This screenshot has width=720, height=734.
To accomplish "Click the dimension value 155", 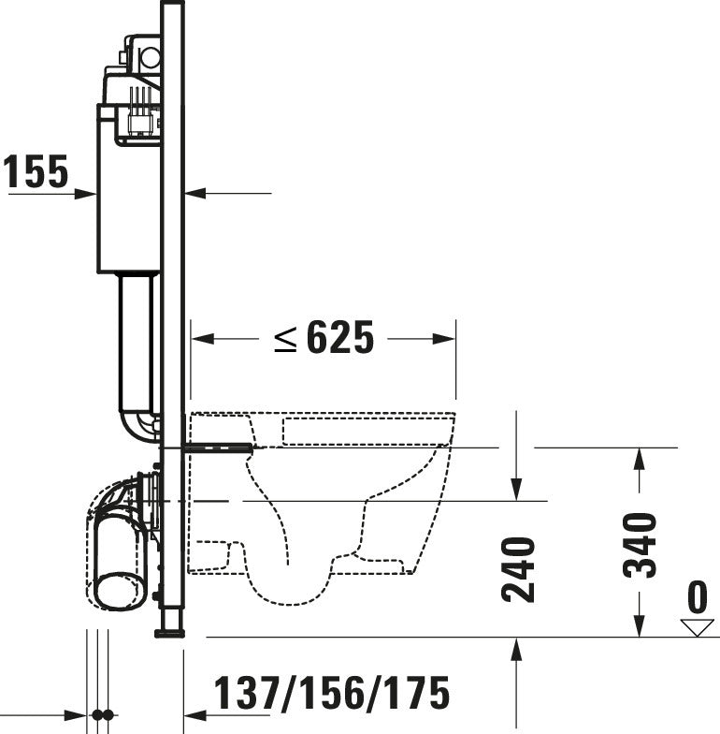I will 36,172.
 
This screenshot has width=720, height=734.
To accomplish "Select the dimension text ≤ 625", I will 324,338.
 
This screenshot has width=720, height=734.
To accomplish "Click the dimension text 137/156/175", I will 332,694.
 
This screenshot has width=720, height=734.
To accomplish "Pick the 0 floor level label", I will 697,596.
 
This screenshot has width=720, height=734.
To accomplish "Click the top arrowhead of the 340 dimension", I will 640,458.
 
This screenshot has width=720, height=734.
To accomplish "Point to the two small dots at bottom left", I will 102,716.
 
